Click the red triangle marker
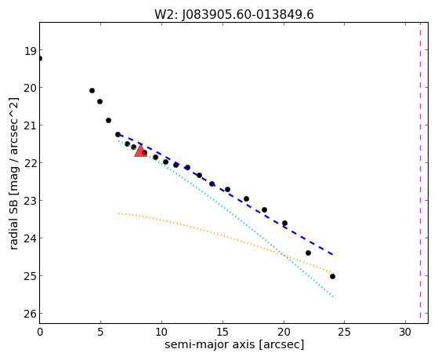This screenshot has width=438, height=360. [x=140, y=151]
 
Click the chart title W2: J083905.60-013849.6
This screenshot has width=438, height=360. [x=234, y=15]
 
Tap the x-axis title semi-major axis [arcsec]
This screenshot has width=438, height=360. [x=234, y=344]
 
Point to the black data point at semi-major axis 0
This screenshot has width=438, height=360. [x=40, y=59]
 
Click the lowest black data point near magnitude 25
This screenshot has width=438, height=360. [x=332, y=276]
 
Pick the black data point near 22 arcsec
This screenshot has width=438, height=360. [x=308, y=253]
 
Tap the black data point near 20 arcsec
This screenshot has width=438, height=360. [x=284, y=224]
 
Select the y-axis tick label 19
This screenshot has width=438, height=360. [x=31, y=51]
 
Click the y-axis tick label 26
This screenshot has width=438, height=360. [x=31, y=315]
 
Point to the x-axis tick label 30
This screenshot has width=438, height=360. [x=405, y=333]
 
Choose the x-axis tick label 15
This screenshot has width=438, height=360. [x=223, y=333]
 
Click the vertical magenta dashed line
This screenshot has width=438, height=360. [x=420, y=170]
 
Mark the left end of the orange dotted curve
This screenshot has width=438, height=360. [x=119, y=213]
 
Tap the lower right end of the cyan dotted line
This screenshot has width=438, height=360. [x=333, y=296]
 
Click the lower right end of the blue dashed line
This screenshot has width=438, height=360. [x=333, y=255]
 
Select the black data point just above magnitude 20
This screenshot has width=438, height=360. [x=92, y=91]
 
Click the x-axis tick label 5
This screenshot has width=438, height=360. [x=100, y=333]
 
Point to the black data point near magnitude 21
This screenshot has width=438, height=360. [x=108, y=120]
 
